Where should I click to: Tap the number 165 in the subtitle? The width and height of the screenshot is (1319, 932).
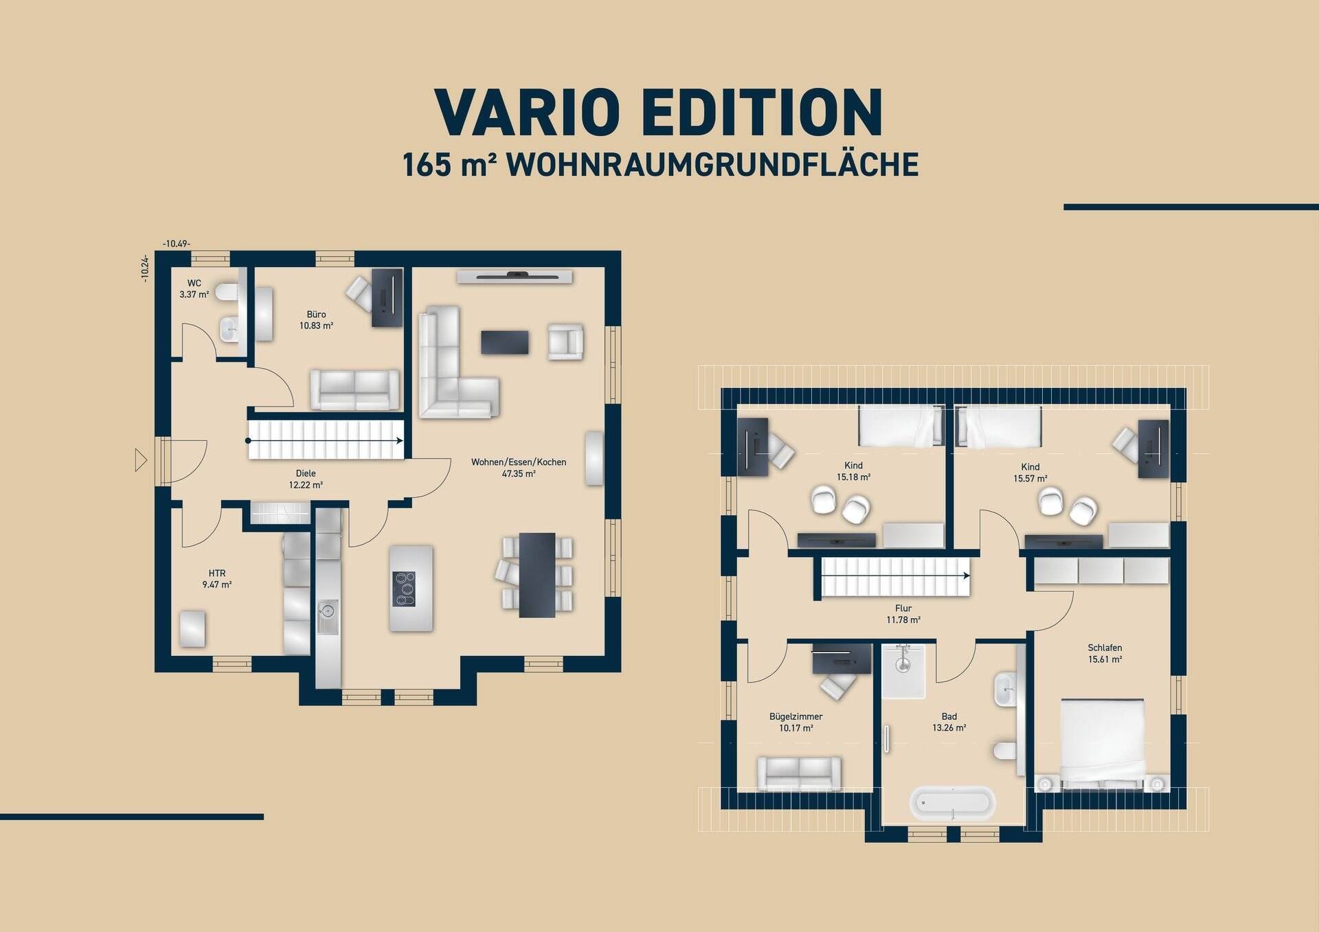pos(427,166)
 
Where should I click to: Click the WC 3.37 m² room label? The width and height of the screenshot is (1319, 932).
pos(194,288)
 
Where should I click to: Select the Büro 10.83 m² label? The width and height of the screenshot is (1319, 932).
pos(316,320)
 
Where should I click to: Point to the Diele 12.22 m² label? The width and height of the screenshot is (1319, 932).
pos(306,479)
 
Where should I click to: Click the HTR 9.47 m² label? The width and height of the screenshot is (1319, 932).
pos(216,579)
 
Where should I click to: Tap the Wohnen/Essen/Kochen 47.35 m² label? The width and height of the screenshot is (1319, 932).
pos(519,468)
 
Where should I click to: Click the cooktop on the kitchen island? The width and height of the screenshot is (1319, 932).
pos(404,589)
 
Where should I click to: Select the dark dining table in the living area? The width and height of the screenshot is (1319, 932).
pos(537,575)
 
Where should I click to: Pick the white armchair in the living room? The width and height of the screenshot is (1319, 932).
pos(565,341)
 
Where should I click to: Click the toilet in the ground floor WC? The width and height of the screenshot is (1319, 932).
pos(227,293)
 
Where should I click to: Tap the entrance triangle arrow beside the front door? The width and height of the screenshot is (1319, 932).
pos(141,459)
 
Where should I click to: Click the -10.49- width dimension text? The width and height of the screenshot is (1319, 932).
pos(177,244)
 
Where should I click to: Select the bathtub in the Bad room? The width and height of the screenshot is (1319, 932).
pos(952,803)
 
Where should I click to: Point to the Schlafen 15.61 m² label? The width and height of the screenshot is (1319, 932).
pos(1105,653)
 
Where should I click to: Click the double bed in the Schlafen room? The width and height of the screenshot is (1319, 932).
pos(1102,742)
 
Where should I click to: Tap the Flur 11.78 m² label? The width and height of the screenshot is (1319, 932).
pos(903,614)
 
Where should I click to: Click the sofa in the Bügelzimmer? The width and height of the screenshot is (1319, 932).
pos(799,773)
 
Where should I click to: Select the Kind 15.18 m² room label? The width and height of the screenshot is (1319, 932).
pos(853,471)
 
